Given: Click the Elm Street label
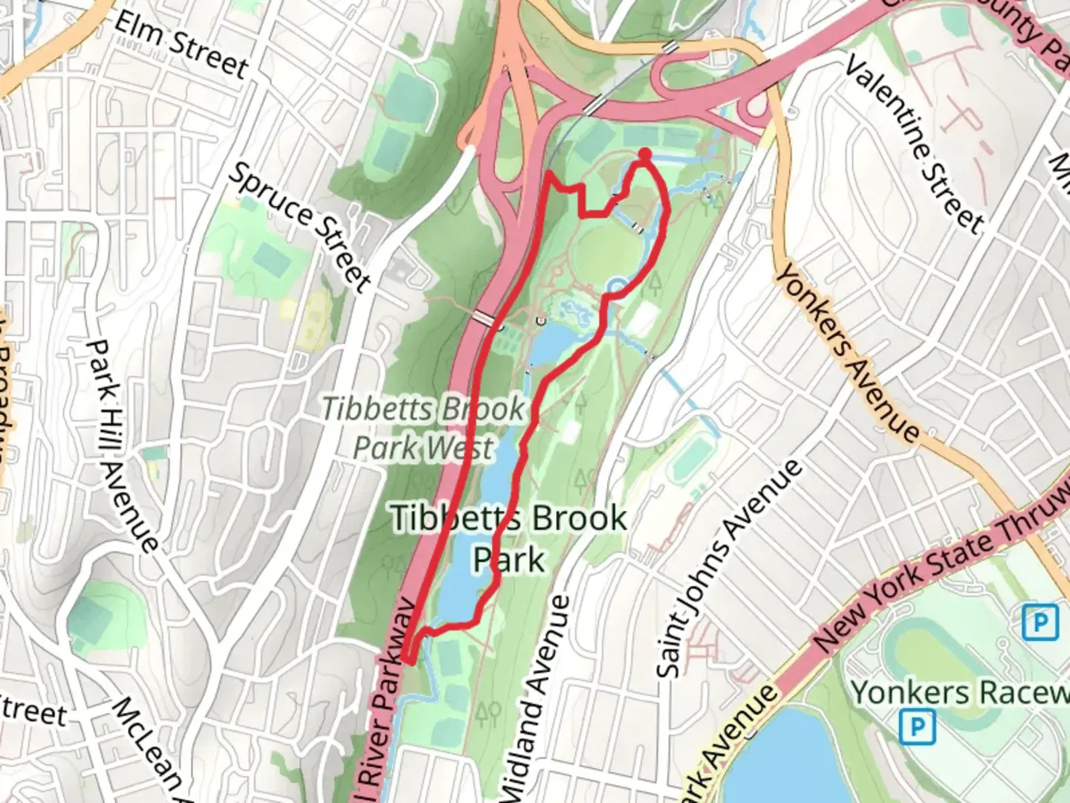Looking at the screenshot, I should (181, 44).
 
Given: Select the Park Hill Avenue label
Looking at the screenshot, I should (122, 446).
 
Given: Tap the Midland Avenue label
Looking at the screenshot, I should (536, 699).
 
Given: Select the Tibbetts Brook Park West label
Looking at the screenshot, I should (423, 428).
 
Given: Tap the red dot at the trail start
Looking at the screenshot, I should (644, 154).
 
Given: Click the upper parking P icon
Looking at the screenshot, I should (1040, 622).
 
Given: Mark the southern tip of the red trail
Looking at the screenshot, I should (409, 658).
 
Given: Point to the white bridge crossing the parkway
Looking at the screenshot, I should (483, 318).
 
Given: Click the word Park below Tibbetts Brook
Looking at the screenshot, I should (509, 559).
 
